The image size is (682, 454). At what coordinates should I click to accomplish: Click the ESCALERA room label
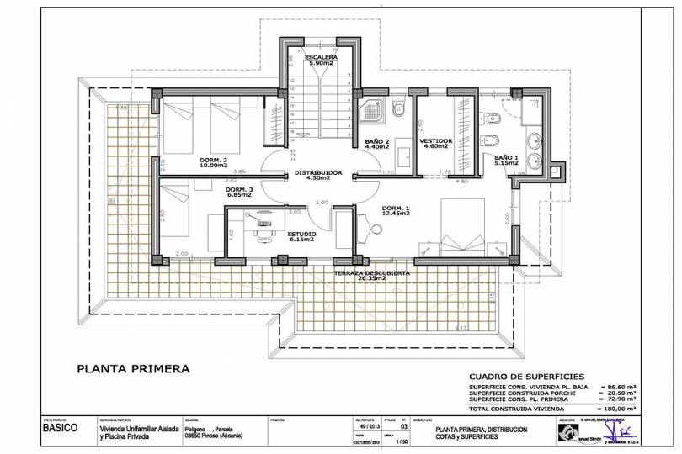[x=321, y=57]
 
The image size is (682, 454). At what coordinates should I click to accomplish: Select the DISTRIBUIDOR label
[x=317, y=172]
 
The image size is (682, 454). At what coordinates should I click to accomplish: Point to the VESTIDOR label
[x=436, y=140]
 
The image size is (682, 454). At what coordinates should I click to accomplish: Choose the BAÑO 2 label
[x=376, y=140]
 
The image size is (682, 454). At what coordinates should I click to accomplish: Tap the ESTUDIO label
[x=301, y=234]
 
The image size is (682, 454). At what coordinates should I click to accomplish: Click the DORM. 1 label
[x=395, y=208]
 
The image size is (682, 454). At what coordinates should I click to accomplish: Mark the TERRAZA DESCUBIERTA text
[x=371, y=273]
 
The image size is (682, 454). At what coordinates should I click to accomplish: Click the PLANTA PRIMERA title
[x=133, y=367]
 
